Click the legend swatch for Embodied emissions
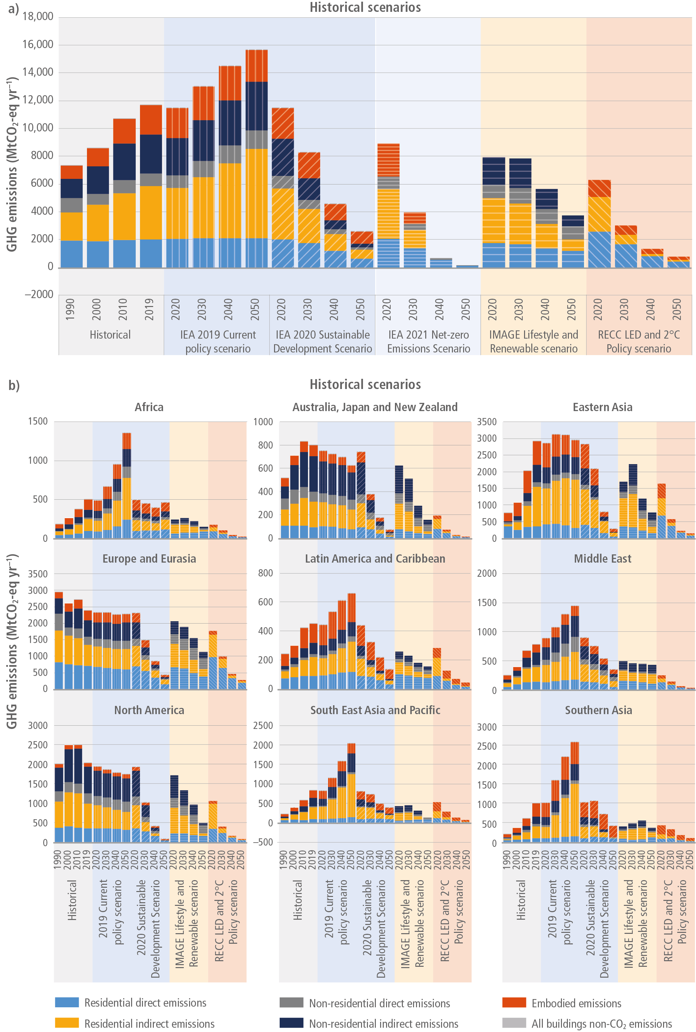click(x=514, y=1003)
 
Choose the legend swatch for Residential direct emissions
click(x=67, y=1002)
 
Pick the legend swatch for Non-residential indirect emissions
click(x=291, y=1023)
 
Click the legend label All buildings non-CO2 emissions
click(x=601, y=1023)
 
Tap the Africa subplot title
click(x=149, y=407)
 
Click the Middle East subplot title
click(x=602, y=558)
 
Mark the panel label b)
click(x=14, y=385)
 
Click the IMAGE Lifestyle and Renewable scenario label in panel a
click(x=534, y=341)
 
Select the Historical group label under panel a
click(x=110, y=335)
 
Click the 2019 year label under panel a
click(x=150, y=309)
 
